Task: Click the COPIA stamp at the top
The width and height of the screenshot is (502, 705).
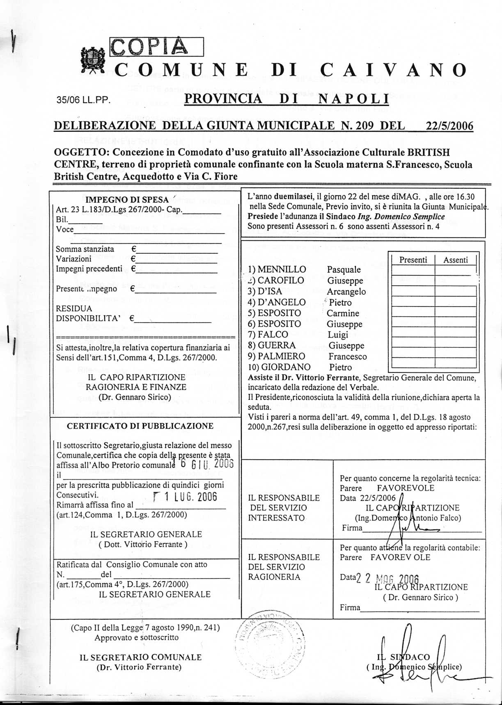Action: (156, 47)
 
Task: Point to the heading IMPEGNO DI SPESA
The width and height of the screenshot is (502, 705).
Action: (127, 200)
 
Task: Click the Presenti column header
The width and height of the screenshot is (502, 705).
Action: (413, 260)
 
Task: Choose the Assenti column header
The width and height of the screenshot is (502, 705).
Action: (455, 260)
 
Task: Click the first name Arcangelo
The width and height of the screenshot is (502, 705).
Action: (346, 292)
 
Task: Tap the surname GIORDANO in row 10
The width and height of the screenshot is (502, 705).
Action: (286, 367)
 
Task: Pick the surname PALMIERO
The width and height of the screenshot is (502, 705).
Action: (282, 356)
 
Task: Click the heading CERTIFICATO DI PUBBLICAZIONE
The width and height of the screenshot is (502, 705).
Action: (140, 426)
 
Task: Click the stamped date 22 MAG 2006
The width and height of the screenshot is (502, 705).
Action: (387, 579)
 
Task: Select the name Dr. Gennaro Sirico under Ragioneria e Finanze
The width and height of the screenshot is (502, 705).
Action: (135, 397)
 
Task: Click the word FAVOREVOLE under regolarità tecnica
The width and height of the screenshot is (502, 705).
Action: (405, 488)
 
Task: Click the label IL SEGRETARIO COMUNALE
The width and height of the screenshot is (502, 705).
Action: (140, 657)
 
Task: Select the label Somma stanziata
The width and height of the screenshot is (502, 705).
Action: (85, 249)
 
